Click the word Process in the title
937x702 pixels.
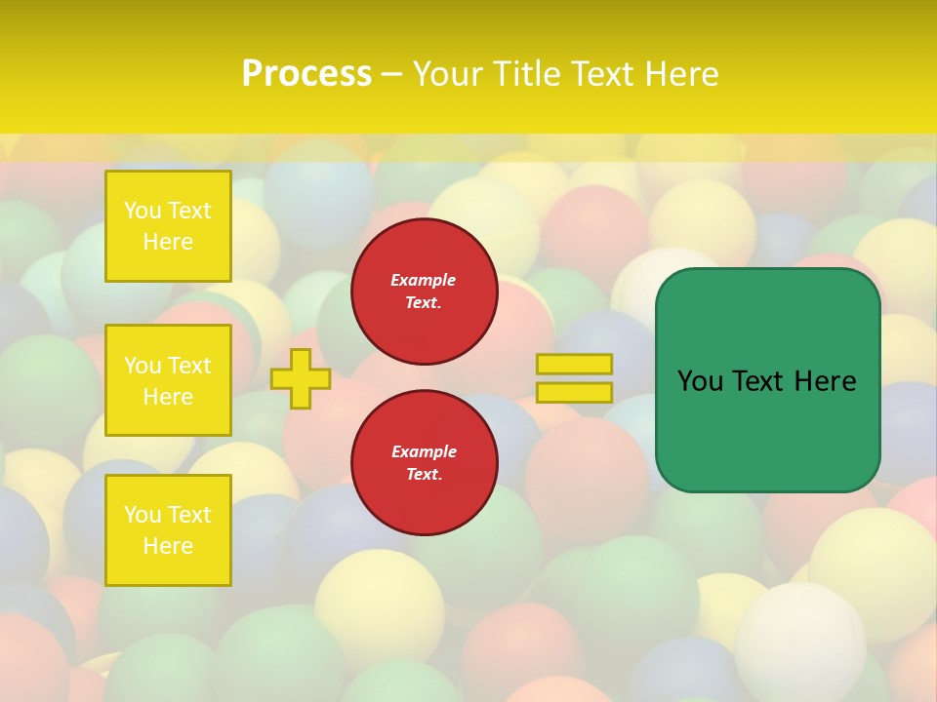[x=306, y=74]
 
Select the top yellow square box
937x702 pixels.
[x=168, y=226]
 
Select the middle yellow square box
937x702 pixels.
[x=168, y=380]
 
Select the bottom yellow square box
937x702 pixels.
[x=168, y=530]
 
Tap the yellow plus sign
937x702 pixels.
[x=301, y=378]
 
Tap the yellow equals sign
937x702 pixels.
[x=574, y=378]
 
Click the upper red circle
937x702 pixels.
[x=425, y=292]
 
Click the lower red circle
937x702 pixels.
[x=425, y=463]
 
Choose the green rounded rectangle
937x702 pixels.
[x=768, y=380]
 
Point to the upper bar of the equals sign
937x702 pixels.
[x=574, y=365]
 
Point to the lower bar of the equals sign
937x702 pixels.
[x=574, y=393]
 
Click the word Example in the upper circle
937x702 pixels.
[x=423, y=281]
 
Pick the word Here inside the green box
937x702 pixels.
[x=825, y=381]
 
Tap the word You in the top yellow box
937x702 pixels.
[x=143, y=212]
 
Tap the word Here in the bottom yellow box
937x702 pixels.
[x=168, y=546]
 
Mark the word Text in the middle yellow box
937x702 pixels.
[x=189, y=366]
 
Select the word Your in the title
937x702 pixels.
[x=444, y=74]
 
